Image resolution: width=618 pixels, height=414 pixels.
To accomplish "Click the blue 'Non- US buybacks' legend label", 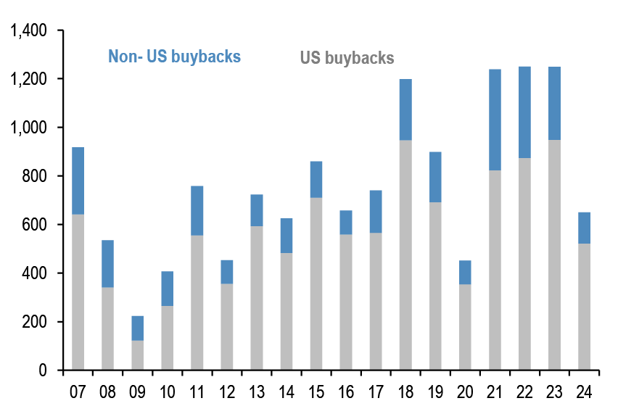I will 174,57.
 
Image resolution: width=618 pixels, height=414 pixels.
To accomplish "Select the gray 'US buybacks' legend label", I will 347,58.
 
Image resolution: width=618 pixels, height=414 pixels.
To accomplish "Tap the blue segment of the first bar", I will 78,181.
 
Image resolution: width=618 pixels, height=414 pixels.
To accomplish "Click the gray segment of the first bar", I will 78,291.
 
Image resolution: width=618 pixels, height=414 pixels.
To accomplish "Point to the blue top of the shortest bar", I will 137,328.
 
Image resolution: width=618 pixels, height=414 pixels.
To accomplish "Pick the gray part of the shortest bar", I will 137,355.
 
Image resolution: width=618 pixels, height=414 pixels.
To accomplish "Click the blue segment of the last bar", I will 584,228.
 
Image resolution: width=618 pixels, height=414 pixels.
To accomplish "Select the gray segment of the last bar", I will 584,306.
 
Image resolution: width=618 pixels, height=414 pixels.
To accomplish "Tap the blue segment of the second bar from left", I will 107,264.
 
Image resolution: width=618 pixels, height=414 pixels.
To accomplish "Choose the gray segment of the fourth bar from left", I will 167,337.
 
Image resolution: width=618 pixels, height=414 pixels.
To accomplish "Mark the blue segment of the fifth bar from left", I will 197,210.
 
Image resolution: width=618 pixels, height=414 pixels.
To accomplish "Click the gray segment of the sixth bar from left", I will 227,326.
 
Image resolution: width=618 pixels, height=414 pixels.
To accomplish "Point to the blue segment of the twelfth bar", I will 405,109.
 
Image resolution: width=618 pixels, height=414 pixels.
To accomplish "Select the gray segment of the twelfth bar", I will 405,254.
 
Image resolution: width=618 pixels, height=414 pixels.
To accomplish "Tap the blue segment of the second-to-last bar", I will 554,103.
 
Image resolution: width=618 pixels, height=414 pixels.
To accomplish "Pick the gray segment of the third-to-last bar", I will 524,263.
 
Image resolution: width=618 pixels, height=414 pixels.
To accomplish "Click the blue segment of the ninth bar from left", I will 316,179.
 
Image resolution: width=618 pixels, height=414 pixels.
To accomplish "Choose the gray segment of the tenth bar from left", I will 346,302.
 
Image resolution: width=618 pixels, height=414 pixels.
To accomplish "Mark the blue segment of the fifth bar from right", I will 465,272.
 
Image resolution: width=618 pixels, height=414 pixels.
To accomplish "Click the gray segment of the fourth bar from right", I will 495,270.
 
